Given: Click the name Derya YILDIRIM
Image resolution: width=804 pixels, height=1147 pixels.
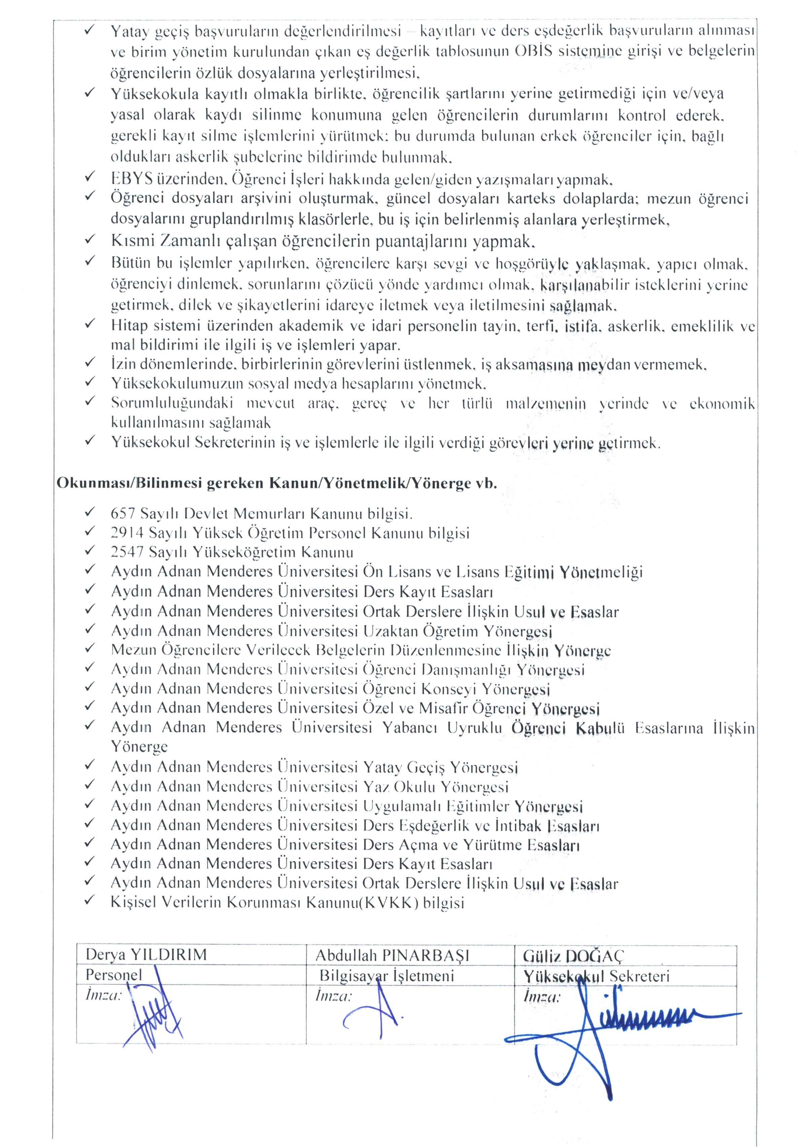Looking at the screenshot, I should click(146, 955).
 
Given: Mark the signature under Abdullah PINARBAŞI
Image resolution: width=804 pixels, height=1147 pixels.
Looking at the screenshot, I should click(372, 1014).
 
